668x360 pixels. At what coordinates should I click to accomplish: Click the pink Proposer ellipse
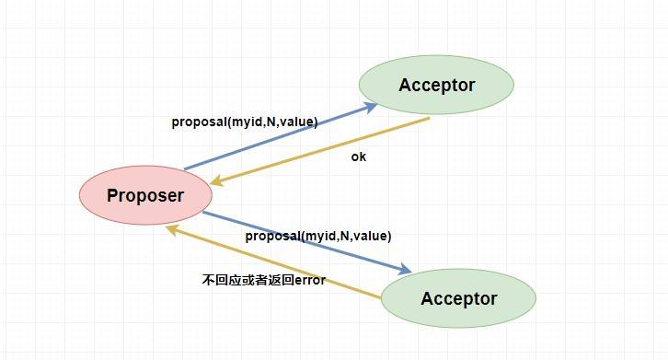(x=145, y=195)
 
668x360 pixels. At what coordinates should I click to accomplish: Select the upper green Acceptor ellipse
(x=436, y=86)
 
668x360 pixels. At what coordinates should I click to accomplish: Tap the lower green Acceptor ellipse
(x=458, y=298)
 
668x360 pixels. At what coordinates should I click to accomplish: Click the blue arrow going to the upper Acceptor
(x=276, y=137)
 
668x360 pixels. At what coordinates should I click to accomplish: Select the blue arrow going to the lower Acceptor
(x=304, y=241)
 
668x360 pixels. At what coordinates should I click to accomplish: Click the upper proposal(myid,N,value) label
(x=244, y=122)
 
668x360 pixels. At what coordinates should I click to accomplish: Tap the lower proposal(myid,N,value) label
(x=318, y=237)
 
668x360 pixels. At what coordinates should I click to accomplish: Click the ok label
(x=359, y=157)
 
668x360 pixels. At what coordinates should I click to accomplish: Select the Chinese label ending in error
(x=263, y=280)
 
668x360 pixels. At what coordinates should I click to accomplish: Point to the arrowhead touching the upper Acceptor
(x=371, y=105)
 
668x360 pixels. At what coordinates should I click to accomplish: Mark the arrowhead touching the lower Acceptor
(x=406, y=270)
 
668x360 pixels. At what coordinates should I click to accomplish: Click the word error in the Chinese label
(x=308, y=280)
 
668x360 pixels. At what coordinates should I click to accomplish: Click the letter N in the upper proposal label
(x=271, y=122)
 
